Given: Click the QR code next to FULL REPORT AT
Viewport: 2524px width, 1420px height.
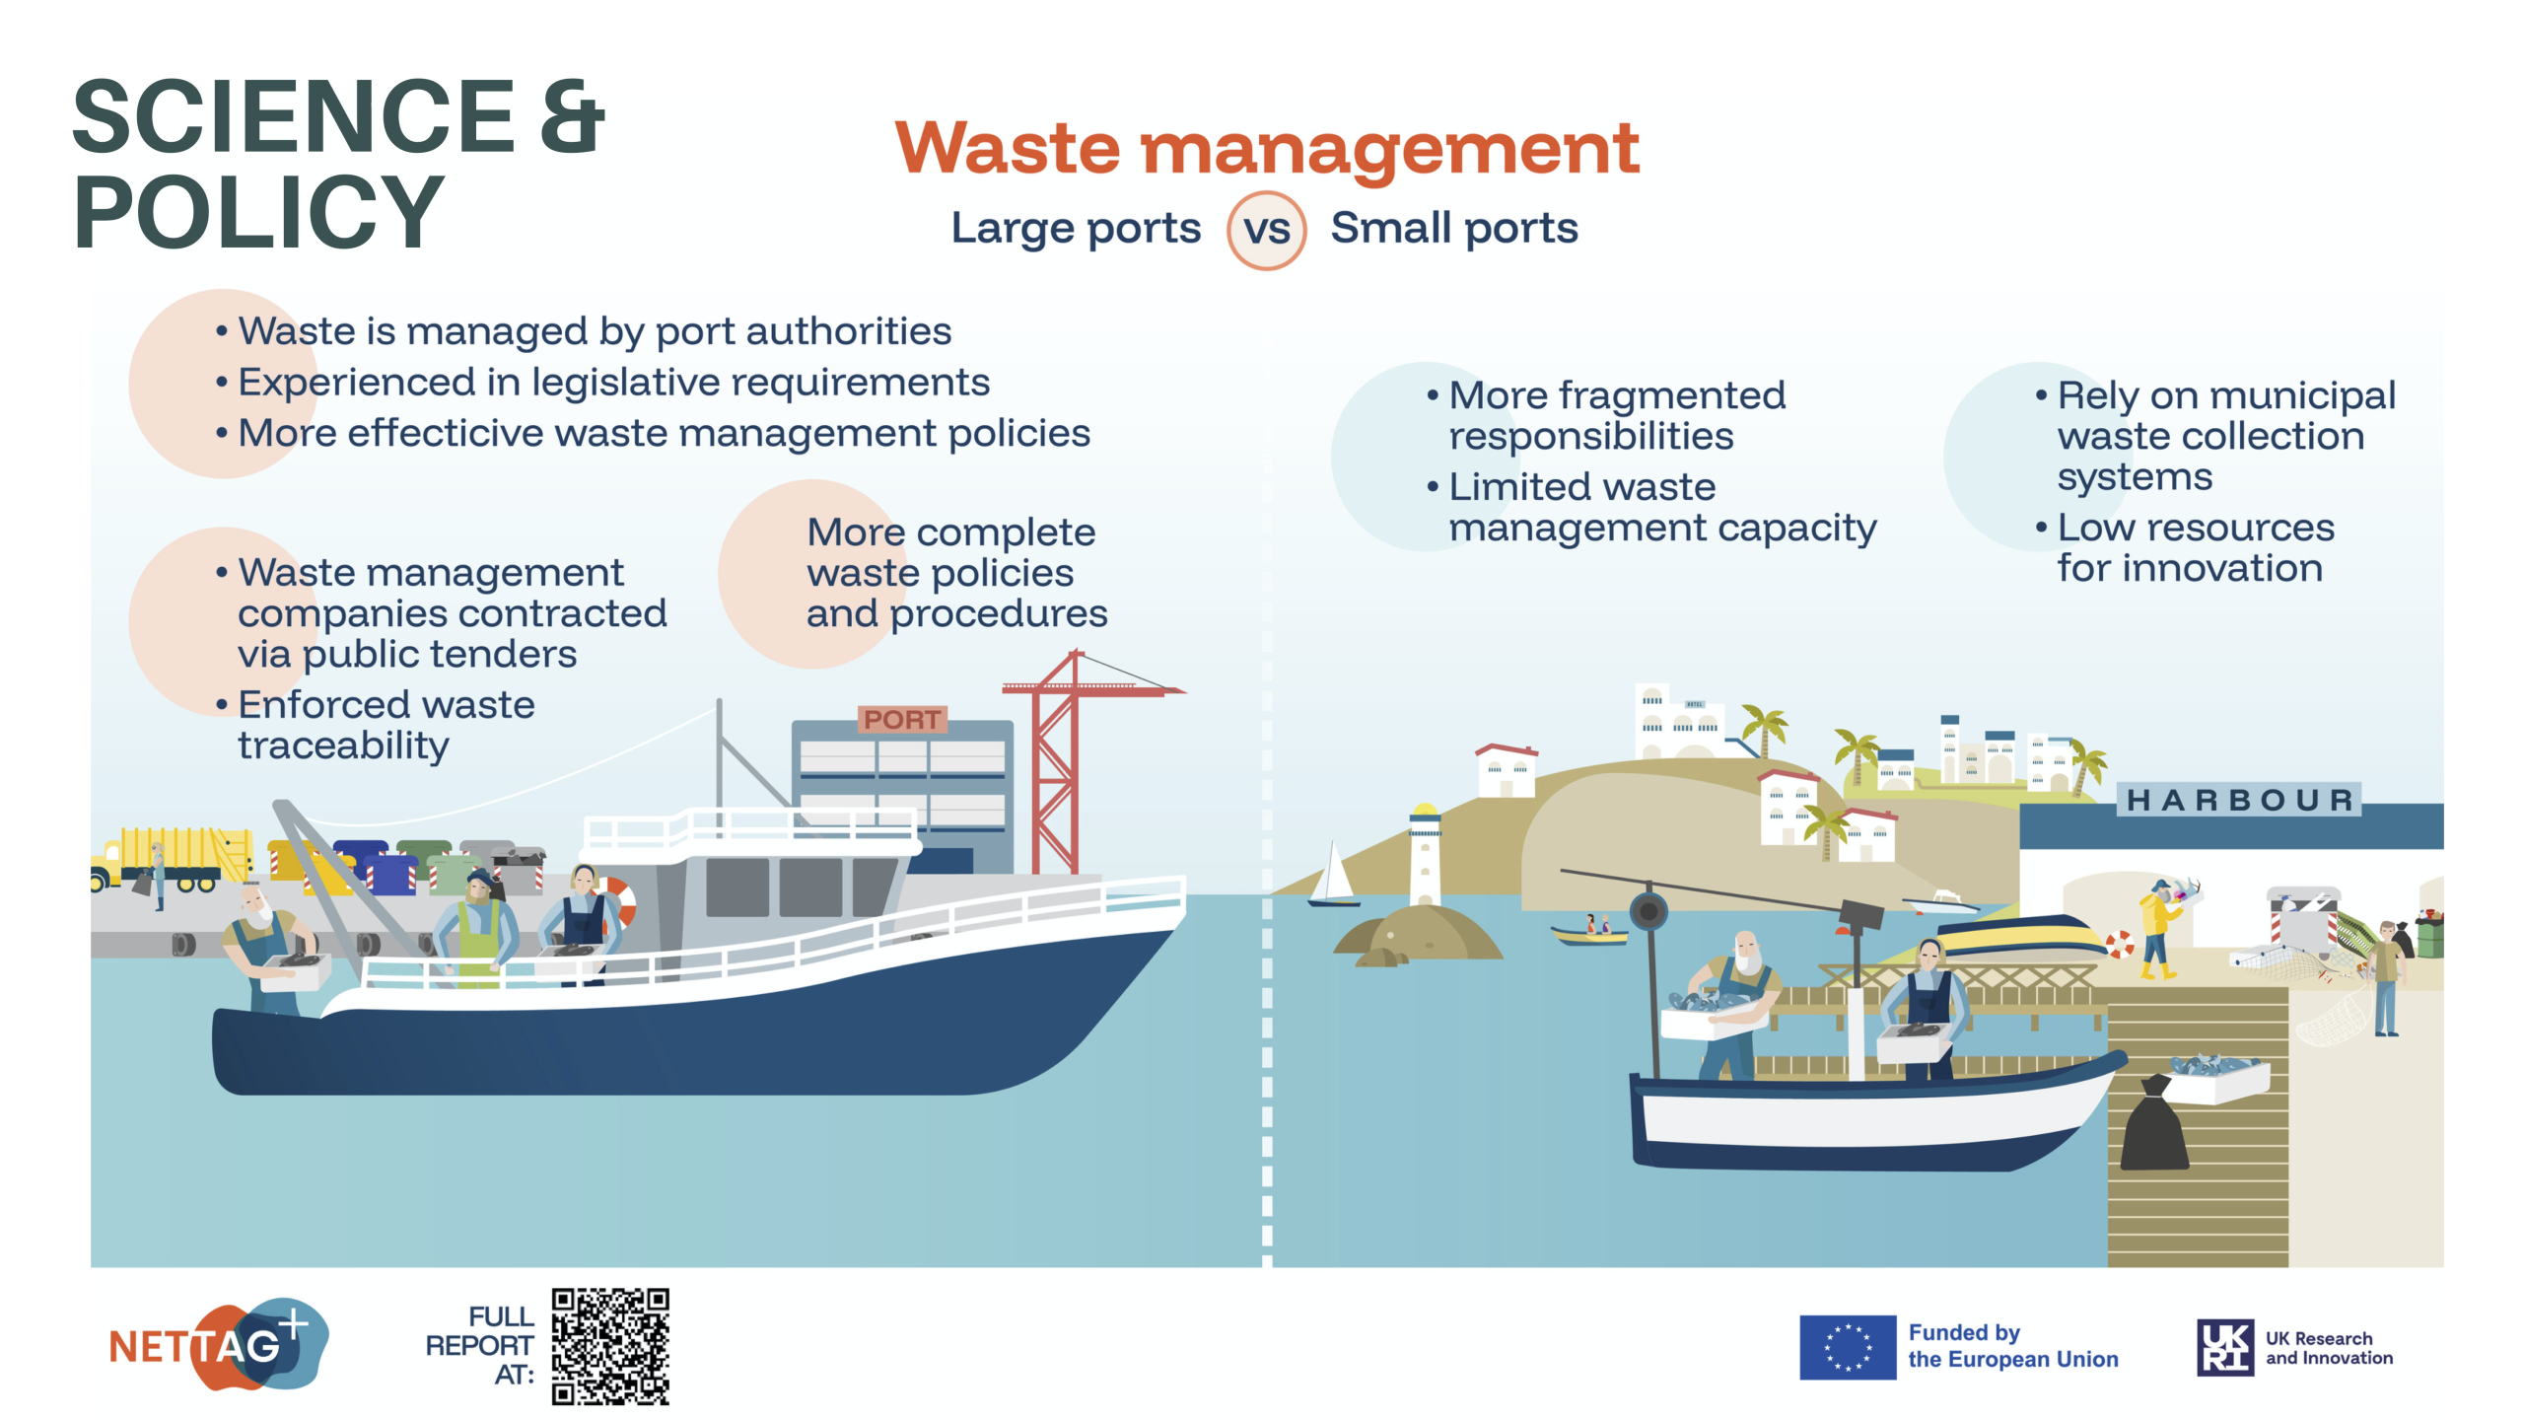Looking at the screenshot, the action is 610,1346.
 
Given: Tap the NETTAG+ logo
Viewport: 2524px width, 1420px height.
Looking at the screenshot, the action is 218,1344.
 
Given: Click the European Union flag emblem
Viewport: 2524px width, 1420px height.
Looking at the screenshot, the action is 1847,1347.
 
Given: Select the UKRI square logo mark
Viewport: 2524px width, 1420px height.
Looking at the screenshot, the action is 2225,1347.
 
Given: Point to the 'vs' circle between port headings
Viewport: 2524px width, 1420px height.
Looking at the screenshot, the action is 1267,230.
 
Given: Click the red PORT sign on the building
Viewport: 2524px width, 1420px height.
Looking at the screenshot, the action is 902,720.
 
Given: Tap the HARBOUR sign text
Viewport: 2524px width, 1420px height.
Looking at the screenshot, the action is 2239,800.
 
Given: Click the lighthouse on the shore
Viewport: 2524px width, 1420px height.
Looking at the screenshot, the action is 1424,854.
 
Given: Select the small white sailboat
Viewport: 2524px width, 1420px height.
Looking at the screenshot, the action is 1333,875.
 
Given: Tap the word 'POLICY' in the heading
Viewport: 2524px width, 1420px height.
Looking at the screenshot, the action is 258,211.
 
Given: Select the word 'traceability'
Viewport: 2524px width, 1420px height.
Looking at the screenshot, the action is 343,746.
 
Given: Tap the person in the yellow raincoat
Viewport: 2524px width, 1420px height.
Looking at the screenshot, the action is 2161,927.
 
